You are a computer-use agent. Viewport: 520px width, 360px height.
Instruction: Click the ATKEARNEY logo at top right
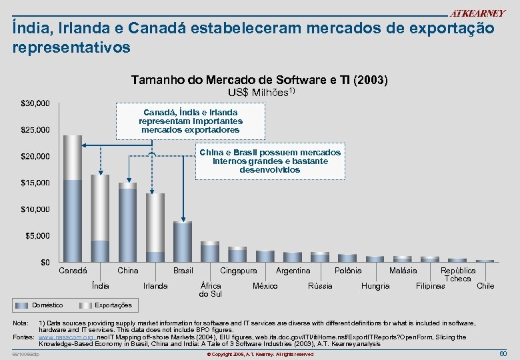[x=477, y=13]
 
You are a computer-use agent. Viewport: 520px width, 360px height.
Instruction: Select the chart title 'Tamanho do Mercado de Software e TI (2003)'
[x=259, y=80]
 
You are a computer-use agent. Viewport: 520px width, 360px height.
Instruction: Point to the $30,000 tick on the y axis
[x=35, y=103]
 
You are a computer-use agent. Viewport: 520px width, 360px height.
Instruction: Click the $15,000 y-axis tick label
[x=35, y=183]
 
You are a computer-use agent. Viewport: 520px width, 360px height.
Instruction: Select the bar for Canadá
[x=73, y=200]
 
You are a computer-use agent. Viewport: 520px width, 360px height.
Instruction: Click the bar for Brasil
[x=183, y=242]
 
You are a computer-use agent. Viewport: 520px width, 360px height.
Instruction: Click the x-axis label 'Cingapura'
[x=238, y=271]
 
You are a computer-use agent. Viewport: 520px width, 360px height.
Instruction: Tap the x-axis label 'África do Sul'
[x=211, y=290]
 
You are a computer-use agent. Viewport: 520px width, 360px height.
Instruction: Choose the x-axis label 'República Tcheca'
[x=458, y=275]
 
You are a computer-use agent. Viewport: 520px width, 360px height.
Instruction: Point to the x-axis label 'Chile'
[x=485, y=286]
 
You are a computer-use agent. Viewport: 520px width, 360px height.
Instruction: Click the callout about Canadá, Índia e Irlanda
[x=191, y=121]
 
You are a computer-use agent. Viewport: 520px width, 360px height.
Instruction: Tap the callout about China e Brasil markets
[x=269, y=161]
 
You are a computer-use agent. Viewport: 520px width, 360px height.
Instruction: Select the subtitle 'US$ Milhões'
[x=261, y=92]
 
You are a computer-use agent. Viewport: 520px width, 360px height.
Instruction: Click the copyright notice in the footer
[x=259, y=354]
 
